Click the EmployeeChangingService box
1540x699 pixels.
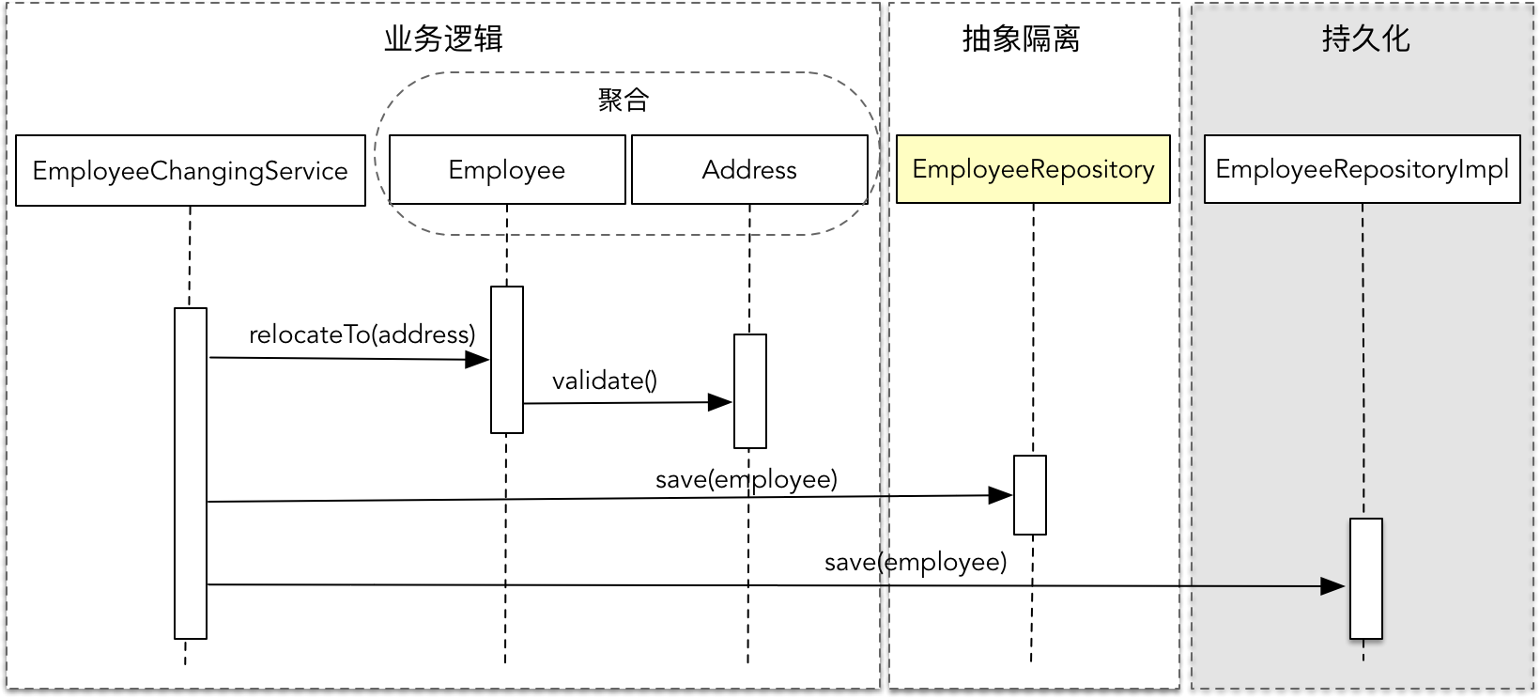point(191,171)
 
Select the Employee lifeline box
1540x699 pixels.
point(507,170)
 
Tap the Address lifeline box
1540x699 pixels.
point(749,170)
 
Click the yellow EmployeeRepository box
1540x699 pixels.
point(1033,169)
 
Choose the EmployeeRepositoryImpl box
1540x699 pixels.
point(1362,169)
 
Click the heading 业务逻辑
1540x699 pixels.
point(443,39)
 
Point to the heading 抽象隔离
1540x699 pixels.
point(1022,39)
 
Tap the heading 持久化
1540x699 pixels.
point(1365,39)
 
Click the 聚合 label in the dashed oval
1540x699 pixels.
point(624,100)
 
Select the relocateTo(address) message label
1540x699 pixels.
point(362,334)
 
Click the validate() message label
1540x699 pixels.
point(605,381)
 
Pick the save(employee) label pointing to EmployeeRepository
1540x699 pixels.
point(747,479)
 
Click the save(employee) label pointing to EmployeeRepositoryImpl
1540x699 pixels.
point(916,562)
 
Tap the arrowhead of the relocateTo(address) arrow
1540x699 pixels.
point(478,359)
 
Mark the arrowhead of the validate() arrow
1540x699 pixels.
point(720,402)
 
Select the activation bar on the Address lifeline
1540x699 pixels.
point(750,391)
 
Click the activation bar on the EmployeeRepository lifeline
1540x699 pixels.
point(1030,495)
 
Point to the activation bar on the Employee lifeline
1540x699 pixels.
point(507,360)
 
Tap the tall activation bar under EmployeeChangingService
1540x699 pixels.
point(191,473)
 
